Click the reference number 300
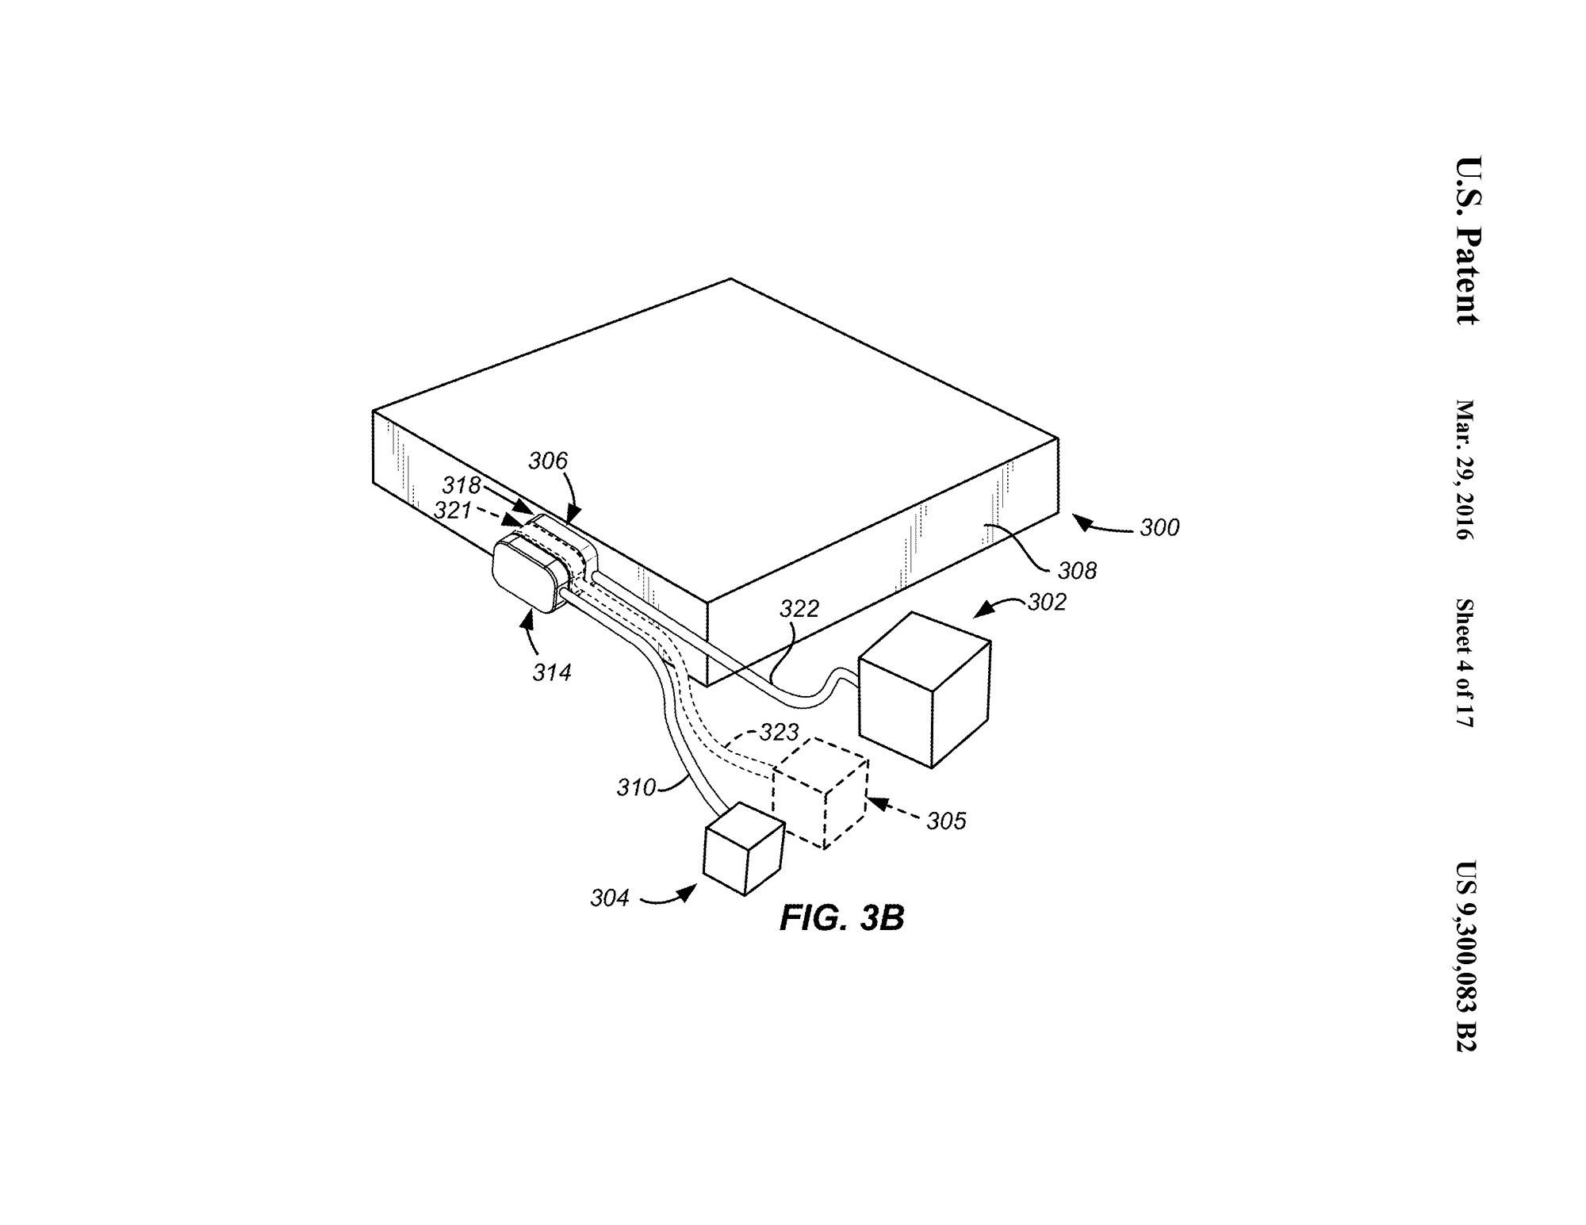(1159, 528)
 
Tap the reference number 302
(1047, 603)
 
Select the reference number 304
(610, 898)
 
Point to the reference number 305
(947, 821)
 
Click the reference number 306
(548, 461)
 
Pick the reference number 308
(1078, 571)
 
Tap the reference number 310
(637, 788)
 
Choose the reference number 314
(552, 673)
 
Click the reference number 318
(462, 485)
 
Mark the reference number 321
(454, 511)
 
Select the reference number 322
(799, 609)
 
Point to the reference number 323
(780, 733)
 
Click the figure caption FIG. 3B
(841, 919)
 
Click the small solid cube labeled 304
(744, 849)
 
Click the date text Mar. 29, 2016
(1463, 470)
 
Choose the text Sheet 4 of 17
(1463, 664)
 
